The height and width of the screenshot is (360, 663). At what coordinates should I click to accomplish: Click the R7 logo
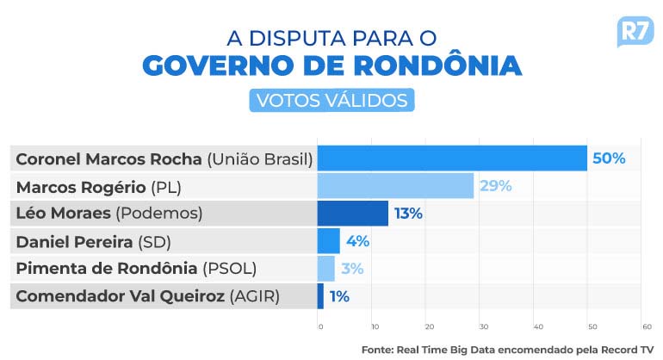[x=634, y=32]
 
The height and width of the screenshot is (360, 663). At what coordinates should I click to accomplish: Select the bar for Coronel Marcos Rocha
[x=452, y=158]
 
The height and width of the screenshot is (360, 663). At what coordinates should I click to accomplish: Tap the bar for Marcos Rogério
[x=395, y=185]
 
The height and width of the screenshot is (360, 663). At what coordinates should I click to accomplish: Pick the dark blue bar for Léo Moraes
[x=352, y=213]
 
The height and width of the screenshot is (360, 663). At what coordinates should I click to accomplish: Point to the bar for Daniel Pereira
[x=328, y=240]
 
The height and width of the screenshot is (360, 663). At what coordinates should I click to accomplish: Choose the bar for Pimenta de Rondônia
[x=325, y=268]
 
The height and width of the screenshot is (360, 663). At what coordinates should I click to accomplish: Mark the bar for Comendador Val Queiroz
[x=320, y=296]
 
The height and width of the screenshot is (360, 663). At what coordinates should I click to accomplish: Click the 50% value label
[x=608, y=158]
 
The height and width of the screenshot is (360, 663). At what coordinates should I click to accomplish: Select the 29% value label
[x=495, y=185]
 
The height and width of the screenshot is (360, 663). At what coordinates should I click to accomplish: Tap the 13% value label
[x=409, y=213]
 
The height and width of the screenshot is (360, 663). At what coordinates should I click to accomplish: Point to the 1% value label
[x=338, y=296]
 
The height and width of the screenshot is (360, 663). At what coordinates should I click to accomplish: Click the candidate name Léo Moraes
[x=63, y=213]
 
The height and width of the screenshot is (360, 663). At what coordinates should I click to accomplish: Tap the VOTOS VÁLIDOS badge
[x=331, y=100]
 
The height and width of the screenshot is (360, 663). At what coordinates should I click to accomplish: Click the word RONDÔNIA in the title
[x=437, y=65]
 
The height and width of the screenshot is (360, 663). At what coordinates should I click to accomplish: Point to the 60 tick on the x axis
[x=646, y=326]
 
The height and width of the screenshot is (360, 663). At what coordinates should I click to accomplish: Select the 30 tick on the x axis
[x=483, y=326]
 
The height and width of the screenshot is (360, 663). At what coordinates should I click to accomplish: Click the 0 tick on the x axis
[x=320, y=326]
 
